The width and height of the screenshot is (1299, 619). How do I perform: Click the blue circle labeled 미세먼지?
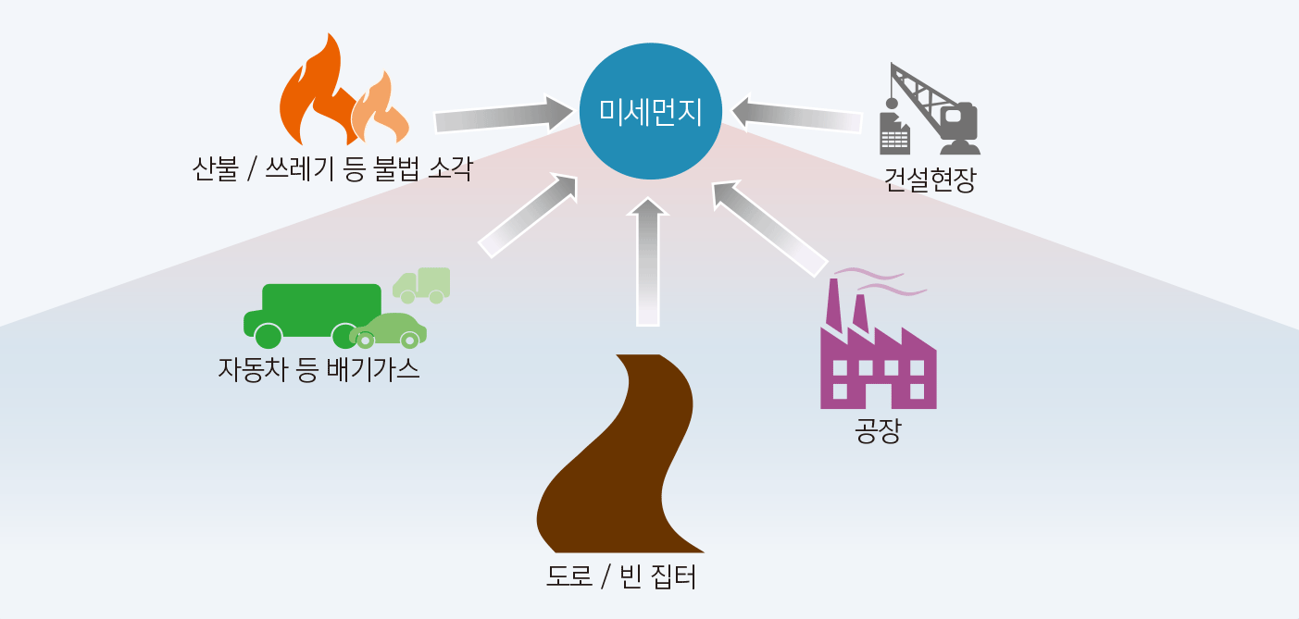[650, 112]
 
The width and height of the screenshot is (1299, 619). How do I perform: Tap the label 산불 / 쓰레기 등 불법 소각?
[332, 169]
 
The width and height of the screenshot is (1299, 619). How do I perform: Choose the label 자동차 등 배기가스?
[319, 369]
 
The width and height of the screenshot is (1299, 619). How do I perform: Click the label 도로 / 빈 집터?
[621, 577]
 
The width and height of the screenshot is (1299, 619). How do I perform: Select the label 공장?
[877, 432]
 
